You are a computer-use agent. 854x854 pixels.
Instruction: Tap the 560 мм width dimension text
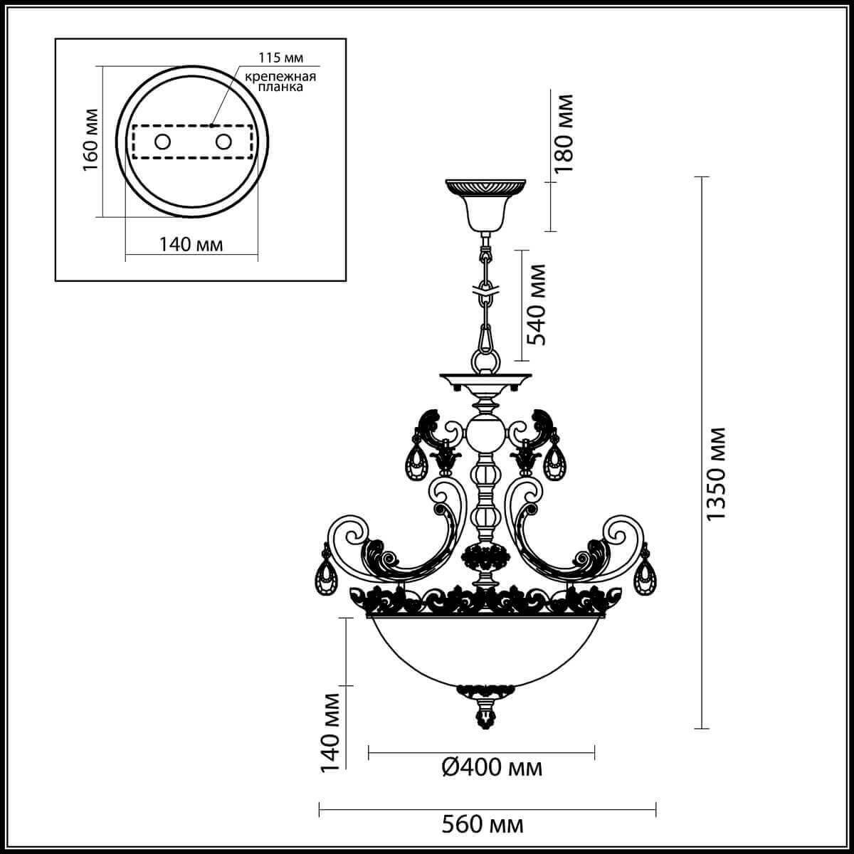pos(483,825)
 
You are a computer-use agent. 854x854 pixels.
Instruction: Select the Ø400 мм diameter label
pos(492,767)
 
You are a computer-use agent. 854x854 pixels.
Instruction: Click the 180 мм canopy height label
pos(564,134)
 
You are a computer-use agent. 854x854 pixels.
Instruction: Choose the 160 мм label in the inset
pos(90,140)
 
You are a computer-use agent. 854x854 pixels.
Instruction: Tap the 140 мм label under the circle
pos(191,244)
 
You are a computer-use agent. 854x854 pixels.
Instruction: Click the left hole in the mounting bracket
pos(162,142)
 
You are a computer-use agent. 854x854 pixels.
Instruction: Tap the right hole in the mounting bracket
pos(223,142)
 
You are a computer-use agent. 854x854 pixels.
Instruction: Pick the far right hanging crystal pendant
pos(645,575)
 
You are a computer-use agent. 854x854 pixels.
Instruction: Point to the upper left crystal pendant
pos(415,463)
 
